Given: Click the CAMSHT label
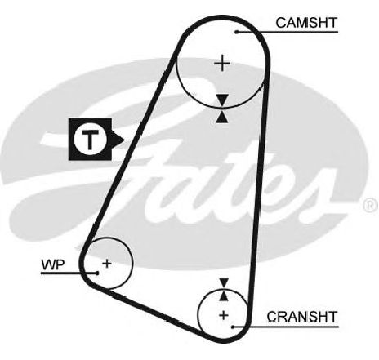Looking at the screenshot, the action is pyautogui.click(x=306, y=23).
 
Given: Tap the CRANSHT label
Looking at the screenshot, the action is pyautogui.click(x=302, y=317).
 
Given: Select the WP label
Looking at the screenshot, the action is pyautogui.click(x=53, y=264).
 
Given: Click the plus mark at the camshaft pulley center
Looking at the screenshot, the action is pyautogui.click(x=222, y=64).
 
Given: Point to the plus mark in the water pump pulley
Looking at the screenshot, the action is pyautogui.click(x=107, y=264).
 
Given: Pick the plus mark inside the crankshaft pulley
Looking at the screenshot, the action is pyautogui.click(x=224, y=315).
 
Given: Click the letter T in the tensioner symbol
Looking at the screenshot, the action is pyautogui.click(x=90, y=140).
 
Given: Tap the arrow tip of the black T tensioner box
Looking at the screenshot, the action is pyautogui.click(x=124, y=140).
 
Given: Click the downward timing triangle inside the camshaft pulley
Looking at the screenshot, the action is pyautogui.click(x=222, y=100).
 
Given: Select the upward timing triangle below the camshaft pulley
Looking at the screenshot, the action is pyautogui.click(x=222, y=117).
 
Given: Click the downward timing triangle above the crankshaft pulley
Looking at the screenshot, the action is pyautogui.click(x=224, y=283).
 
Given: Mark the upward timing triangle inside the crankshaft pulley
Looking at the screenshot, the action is pyautogui.click(x=224, y=296).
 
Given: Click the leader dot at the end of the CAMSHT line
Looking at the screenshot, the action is pyautogui.click(x=237, y=32).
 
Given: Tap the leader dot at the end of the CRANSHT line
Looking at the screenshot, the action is pyautogui.click(x=233, y=327).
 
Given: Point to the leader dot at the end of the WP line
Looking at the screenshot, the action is pyautogui.click(x=97, y=273).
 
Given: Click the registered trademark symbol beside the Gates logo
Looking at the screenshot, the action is pyautogui.click(x=370, y=205).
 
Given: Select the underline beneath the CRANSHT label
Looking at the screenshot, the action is pyautogui.click(x=286, y=327).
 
